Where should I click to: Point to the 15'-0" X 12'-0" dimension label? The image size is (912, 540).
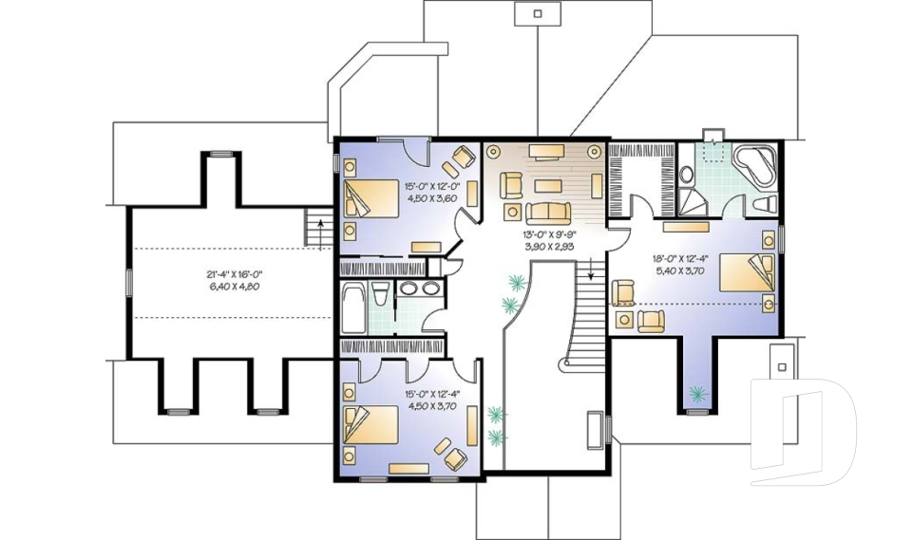(x=432, y=187)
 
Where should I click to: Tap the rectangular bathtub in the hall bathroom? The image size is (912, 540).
(x=352, y=307)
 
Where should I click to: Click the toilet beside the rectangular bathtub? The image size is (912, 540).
(x=380, y=293)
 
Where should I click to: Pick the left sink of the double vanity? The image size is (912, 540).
(x=408, y=288)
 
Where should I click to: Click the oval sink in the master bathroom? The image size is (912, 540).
(x=686, y=175)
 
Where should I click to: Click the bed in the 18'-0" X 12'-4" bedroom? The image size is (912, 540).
(x=747, y=272)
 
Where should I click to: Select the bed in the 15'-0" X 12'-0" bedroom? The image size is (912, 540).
(x=370, y=198)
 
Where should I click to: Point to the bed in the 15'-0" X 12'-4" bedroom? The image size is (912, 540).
(x=370, y=425)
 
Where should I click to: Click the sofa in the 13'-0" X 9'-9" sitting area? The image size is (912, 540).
(x=548, y=214)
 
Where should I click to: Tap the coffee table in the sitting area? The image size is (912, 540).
(x=548, y=185)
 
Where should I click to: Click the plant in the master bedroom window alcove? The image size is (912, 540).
(x=696, y=395)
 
